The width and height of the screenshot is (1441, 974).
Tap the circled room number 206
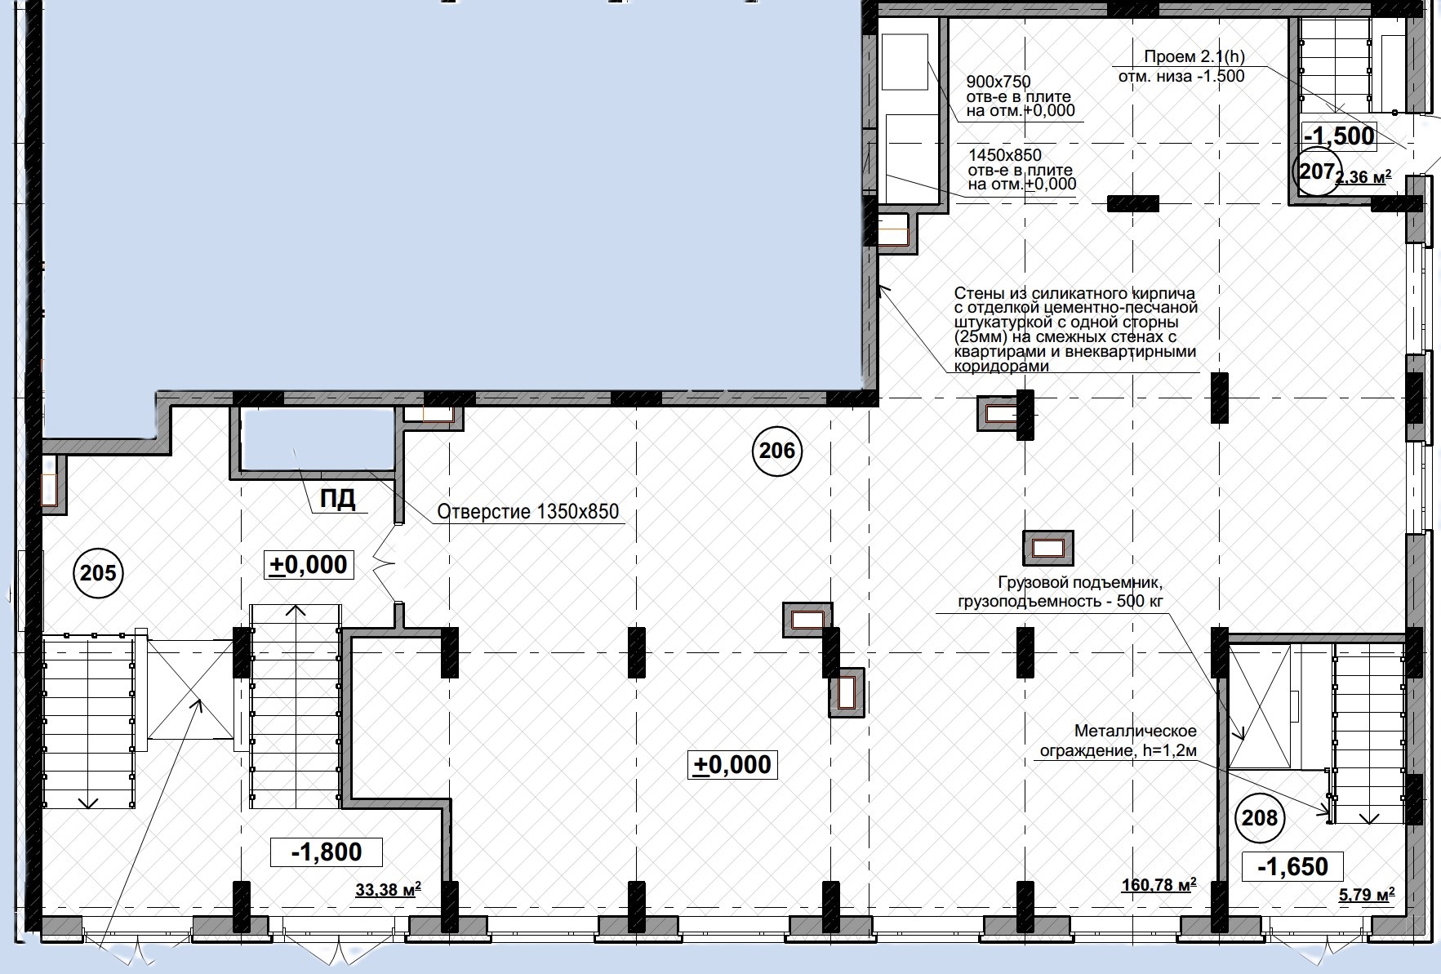[x=777, y=450]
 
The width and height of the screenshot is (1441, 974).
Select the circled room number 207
[x=1316, y=171]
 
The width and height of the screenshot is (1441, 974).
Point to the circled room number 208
[x=1259, y=816]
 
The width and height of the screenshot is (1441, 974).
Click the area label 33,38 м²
[x=389, y=889]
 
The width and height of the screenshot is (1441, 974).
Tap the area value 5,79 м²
[x=1367, y=895]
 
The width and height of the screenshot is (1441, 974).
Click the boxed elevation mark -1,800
[x=327, y=852]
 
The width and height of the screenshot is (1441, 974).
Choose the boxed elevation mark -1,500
[x=1339, y=136]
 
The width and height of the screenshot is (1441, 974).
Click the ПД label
[x=337, y=499]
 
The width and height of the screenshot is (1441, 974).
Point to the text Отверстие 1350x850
[x=528, y=512]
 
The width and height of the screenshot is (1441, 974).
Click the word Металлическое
[x=1136, y=731]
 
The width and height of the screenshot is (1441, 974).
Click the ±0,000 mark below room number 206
[x=732, y=765]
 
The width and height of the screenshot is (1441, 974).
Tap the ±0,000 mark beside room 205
[x=309, y=564]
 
